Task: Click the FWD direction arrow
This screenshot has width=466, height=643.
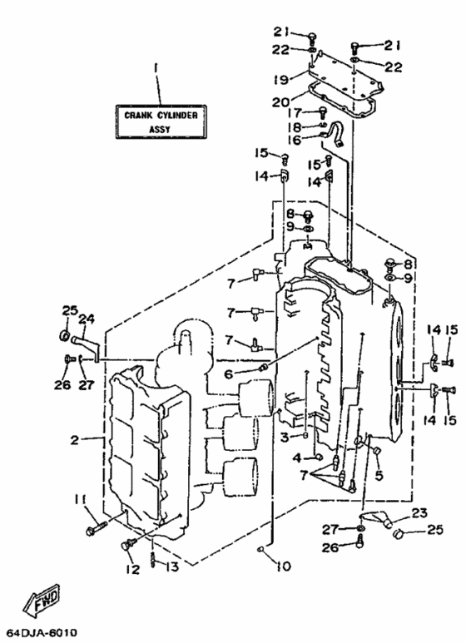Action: [x=42, y=600]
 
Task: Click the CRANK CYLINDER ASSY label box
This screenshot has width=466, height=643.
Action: [x=161, y=122]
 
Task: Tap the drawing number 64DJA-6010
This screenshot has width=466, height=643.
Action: [x=39, y=634]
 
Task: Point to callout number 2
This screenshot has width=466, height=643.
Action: [x=75, y=440]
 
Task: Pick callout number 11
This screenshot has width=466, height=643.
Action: [x=80, y=499]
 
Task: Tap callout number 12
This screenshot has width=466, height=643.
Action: [x=133, y=569]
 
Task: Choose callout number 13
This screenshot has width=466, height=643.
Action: [x=172, y=566]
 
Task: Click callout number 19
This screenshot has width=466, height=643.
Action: [x=281, y=79]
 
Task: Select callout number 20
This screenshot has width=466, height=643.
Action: [x=281, y=101]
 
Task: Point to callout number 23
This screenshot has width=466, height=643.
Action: [x=419, y=512]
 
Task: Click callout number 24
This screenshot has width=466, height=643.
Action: [x=87, y=319]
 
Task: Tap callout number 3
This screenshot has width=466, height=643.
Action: [x=285, y=438]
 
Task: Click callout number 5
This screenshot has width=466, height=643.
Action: [x=379, y=475]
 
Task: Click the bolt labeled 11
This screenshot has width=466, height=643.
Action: [x=97, y=527]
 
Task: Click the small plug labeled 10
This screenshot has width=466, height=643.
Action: [x=260, y=549]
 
